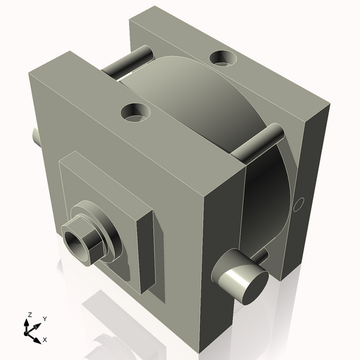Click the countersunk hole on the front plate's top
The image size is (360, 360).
pos(135,112)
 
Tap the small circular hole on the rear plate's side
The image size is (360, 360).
pos(301,203)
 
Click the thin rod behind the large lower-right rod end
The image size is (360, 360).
pos(261,256)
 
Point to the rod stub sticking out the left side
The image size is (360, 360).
pos(36,136)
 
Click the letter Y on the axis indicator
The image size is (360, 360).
pos(44,319)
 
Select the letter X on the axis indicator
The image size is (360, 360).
pos(44,340)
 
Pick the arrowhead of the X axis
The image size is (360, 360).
pos(37,336)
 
